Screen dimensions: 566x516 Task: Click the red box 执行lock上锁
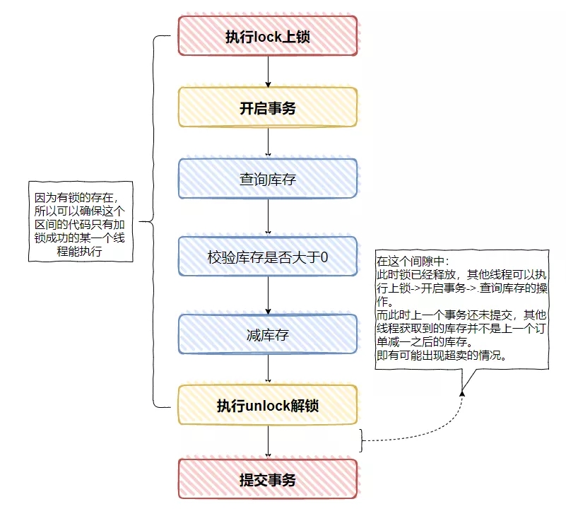click(268, 36)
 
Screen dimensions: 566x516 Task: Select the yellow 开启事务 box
click(268, 107)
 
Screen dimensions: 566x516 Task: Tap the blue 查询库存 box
click(268, 179)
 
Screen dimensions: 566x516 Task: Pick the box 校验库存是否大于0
click(268, 257)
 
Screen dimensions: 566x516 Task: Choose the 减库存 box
click(268, 334)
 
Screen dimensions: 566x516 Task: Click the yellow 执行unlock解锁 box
click(268, 405)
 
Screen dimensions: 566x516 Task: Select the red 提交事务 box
click(268, 479)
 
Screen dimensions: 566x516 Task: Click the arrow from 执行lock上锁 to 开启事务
click(268, 71)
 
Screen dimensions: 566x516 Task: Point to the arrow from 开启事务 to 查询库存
click(268, 142)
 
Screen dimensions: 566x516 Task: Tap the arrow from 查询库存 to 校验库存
click(268, 217)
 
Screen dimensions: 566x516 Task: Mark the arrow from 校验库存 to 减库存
click(268, 295)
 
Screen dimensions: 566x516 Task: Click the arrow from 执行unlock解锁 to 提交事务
click(268, 442)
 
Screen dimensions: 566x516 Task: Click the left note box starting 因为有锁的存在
click(81, 221)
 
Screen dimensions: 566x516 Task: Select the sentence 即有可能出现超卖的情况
click(441, 356)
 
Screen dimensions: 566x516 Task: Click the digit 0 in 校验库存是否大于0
click(324, 257)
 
